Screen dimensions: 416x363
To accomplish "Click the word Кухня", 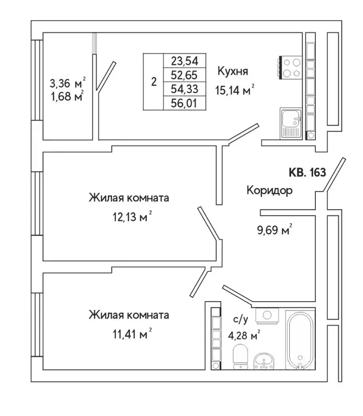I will (x=233, y=71).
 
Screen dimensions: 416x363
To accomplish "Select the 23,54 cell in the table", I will (x=184, y=61).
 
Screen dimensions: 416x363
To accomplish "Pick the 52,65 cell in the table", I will (x=184, y=75).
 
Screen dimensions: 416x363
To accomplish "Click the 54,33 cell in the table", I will (x=184, y=88).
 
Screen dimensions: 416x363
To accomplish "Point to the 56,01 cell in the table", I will (x=184, y=102).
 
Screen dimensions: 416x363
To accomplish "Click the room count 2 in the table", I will (x=154, y=82).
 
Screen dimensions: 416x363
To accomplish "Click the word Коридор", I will (x=269, y=191).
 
